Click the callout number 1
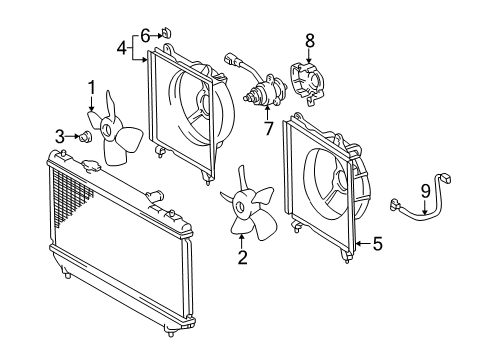click(91, 88)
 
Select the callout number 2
click(243, 257)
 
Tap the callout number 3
click(60, 136)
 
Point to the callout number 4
click(122, 49)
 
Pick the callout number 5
click(378, 244)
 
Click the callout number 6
click(145, 36)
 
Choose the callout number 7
click(268, 129)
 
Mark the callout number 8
click(310, 41)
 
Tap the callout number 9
click(425, 192)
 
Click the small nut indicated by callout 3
click(84, 136)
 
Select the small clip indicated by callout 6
click(166, 33)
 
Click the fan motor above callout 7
click(265, 92)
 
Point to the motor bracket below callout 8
click(308, 83)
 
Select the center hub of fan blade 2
click(240, 205)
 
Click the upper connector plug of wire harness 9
click(445, 177)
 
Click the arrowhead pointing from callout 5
click(359, 244)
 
